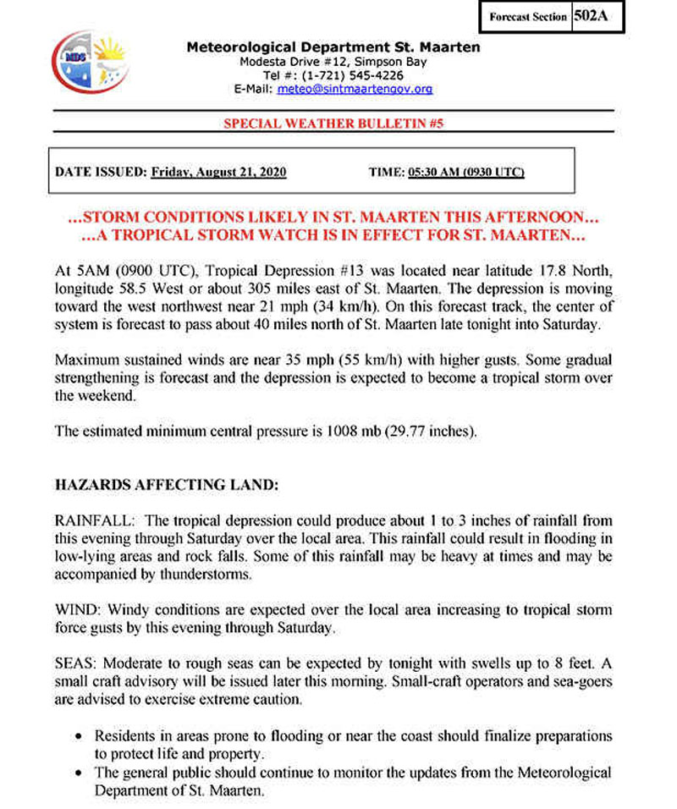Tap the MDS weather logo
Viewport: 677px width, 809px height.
pos(88,62)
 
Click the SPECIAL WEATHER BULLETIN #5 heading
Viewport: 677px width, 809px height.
pos(333,123)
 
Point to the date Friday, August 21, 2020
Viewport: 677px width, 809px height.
pos(218,172)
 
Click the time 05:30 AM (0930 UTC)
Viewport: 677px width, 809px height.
pos(466,172)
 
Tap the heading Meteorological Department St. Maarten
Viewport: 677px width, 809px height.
pos(333,47)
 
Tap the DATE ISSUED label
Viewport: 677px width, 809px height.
pos(100,172)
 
